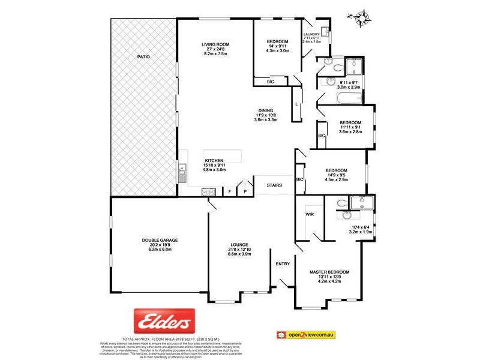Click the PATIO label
click(x=143, y=56)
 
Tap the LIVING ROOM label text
click(x=215, y=44)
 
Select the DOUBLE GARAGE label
click(x=156, y=240)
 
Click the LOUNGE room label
click(x=239, y=244)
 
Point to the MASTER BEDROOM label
click(x=329, y=272)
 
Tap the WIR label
click(x=310, y=214)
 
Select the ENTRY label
click(x=283, y=264)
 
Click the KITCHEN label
click(x=214, y=161)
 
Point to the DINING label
click(x=266, y=110)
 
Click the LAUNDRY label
click(x=312, y=34)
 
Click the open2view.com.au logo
click(x=311, y=334)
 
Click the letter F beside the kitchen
click(x=230, y=191)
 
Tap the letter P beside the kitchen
click(x=245, y=191)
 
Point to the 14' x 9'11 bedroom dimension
click(x=278, y=46)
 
